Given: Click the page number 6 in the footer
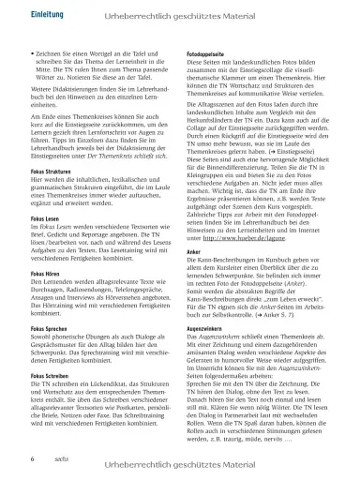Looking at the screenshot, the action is click(34, 459).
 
